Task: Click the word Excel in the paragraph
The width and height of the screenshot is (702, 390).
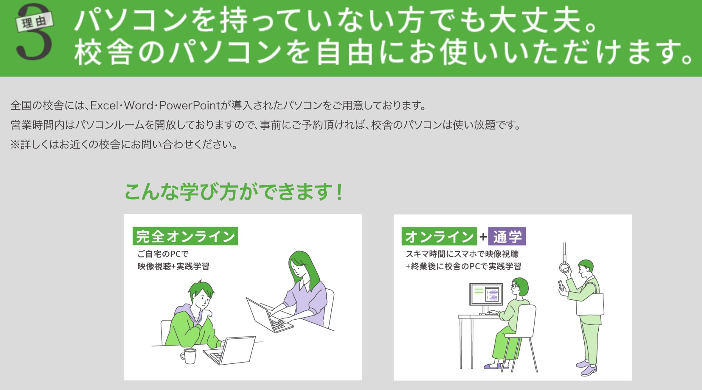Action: point(104,106)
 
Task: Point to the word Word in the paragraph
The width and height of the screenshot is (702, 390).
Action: point(139,106)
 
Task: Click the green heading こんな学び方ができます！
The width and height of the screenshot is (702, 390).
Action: point(234,192)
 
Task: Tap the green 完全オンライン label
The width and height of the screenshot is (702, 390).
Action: point(185,236)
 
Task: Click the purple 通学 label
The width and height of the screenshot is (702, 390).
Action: point(507,236)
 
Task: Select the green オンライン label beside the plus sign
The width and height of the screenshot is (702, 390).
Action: point(439,236)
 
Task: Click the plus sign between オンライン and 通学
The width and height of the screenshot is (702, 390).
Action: point(483,236)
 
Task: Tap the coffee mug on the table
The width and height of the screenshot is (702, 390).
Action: point(189,356)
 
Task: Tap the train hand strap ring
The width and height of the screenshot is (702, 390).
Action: point(563,268)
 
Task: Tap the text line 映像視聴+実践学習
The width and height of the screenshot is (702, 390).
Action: point(173,267)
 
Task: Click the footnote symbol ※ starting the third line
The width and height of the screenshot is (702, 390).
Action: point(15,145)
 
